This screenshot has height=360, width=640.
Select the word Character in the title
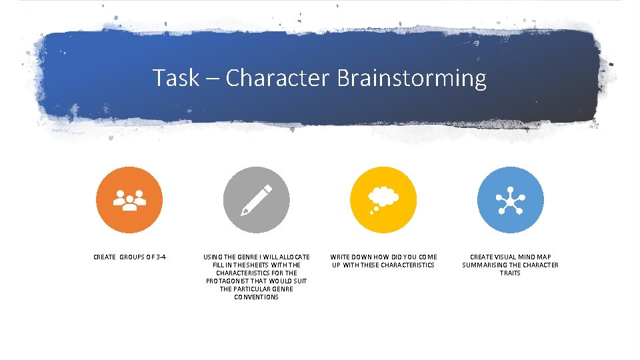click(x=277, y=78)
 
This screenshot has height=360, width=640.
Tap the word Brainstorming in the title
click(x=411, y=78)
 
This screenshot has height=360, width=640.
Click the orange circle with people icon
click(x=129, y=199)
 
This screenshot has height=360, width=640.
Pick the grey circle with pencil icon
click(x=257, y=199)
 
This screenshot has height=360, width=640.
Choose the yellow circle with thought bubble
click(x=383, y=199)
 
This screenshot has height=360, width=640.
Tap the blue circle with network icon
click(x=511, y=199)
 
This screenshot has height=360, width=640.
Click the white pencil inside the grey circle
click(x=257, y=200)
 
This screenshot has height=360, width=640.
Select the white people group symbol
click(x=129, y=200)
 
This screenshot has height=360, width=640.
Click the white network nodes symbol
click(x=511, y=200)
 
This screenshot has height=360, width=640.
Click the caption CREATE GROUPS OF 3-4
click(x=130, y=257)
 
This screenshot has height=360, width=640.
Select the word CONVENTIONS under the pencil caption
click(x=257, y=297)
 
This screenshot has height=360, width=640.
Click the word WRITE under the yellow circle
click(x=340, y=257)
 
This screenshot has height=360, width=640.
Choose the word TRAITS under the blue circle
click(x=510, y=273)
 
